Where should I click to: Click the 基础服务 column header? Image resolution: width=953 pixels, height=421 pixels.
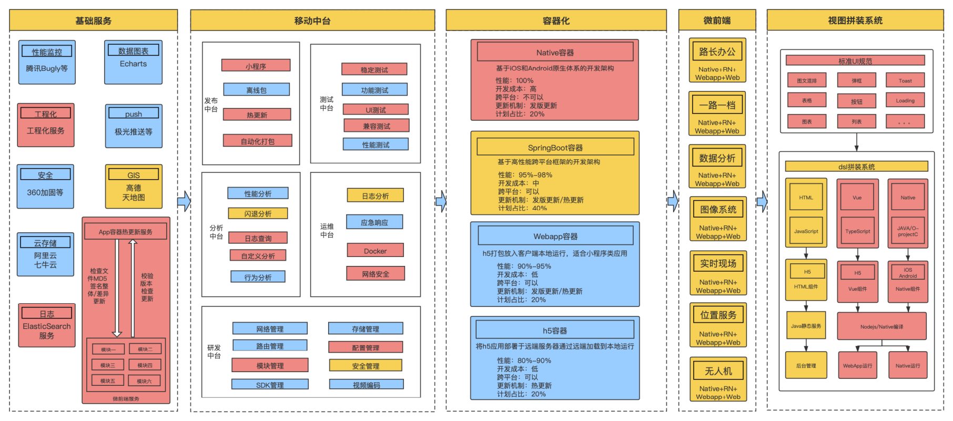[x=93, y=20]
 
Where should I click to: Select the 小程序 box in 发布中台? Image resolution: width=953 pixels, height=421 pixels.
[x=256, y=66]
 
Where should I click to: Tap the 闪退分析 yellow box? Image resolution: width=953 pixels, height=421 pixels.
[x=258, y=213]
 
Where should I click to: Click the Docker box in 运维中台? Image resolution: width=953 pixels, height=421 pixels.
[x=375, y=251]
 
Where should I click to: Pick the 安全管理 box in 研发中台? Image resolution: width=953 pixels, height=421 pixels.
[x=366, y=365]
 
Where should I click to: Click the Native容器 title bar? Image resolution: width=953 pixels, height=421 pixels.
[x=555, y=52]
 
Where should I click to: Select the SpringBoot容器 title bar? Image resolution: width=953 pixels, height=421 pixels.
[x=555, y=147]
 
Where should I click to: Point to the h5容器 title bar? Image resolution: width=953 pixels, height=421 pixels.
[x=555, y=330]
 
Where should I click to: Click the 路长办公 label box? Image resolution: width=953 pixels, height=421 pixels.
[x=717, y=52]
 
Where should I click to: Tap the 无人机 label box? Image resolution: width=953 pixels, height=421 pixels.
[x=718, y=371]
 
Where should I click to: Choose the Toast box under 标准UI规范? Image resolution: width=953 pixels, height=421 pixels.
[x=905, y=80]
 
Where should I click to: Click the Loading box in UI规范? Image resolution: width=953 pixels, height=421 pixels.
[x=905, y=100]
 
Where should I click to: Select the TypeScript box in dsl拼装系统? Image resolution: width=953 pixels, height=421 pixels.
[x=857, y=231]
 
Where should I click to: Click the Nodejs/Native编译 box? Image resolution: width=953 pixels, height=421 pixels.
[x=881, y=326]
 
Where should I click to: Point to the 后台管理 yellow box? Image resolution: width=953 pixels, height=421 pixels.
[x=806, y=365]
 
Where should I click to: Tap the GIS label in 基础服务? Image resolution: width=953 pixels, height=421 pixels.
[x=134, y=175]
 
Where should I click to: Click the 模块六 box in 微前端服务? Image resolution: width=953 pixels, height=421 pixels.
[x=145, y=381]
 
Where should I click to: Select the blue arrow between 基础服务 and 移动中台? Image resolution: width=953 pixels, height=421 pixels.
[x=184, y=201]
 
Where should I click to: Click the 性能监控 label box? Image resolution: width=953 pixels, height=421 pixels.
[x=47, y=52]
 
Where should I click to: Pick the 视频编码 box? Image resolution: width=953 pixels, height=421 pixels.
[x=366, y=385]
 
